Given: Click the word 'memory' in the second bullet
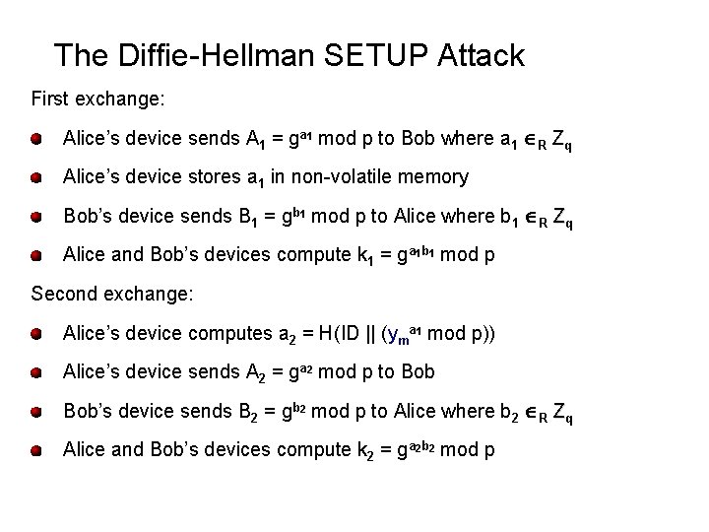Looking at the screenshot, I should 430,178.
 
